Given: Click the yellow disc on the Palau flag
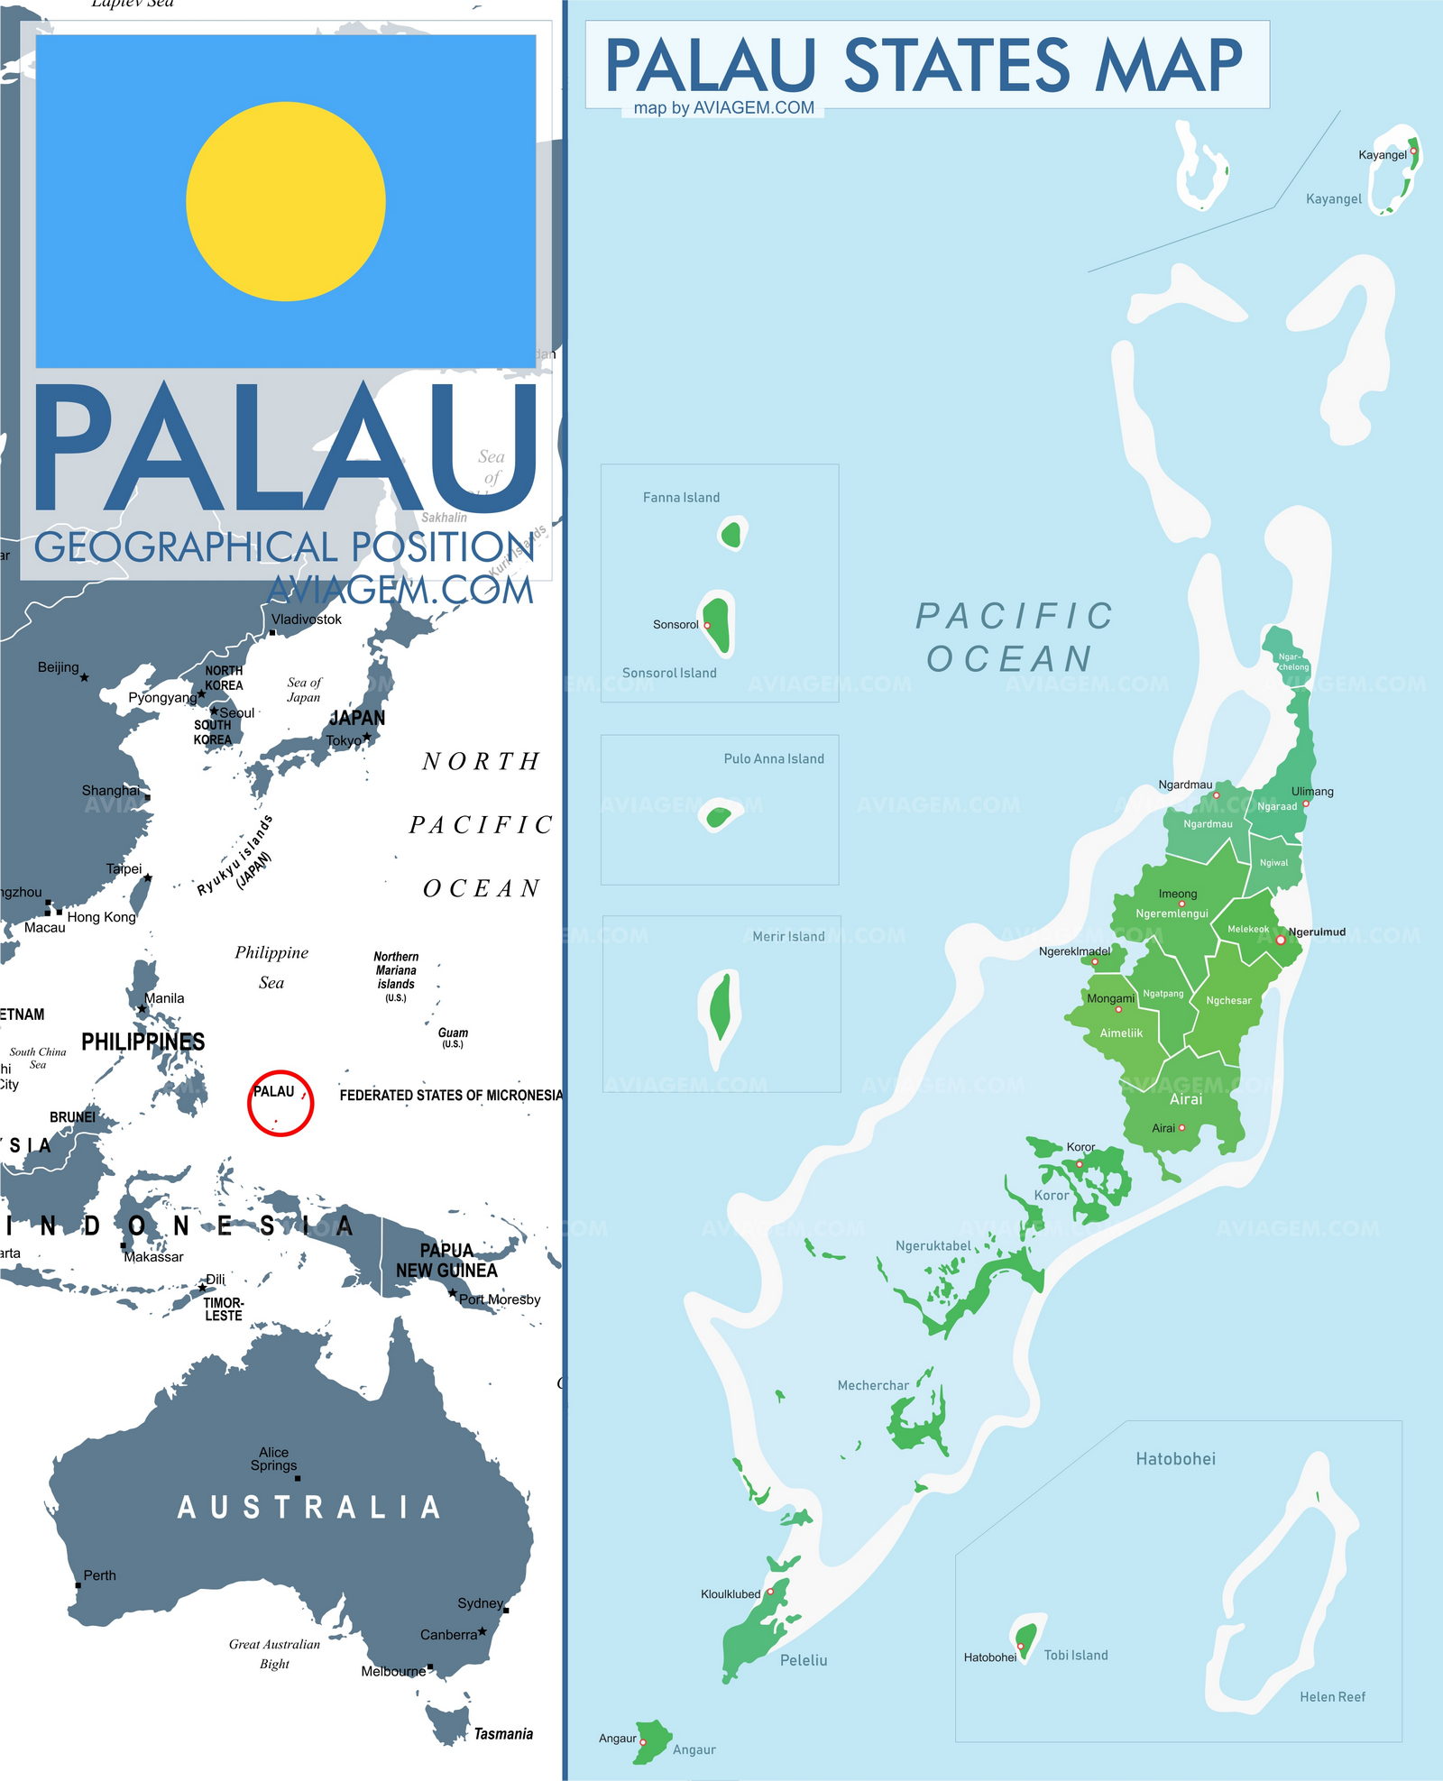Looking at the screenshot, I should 286,201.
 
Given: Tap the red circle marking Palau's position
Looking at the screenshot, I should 280,1103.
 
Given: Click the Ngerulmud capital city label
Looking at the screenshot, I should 1317,932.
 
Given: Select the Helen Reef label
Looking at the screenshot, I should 1332,1696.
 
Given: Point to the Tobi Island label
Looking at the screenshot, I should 1076,1655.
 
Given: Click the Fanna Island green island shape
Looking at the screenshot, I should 731,535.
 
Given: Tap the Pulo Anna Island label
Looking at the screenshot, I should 774,758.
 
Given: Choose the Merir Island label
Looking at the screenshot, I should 788,936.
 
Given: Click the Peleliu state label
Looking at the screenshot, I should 804,1659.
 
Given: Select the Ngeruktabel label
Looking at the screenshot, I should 933,1245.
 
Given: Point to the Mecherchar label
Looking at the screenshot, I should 873,1385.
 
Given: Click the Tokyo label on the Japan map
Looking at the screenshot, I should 344,740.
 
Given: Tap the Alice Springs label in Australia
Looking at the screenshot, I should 273,1458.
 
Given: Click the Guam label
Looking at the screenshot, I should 453,1033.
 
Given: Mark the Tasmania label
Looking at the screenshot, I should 503,1733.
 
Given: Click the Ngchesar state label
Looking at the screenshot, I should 1228,1000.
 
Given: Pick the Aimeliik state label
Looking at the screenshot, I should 1121,1033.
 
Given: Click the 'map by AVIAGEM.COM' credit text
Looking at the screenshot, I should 723,107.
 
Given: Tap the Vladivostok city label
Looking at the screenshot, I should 307,619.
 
